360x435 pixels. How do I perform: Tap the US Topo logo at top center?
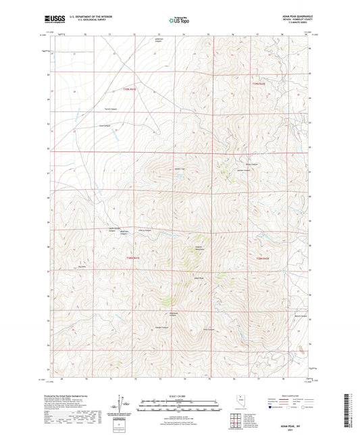pos(179,20)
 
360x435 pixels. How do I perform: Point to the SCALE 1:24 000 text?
pos(180,395)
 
